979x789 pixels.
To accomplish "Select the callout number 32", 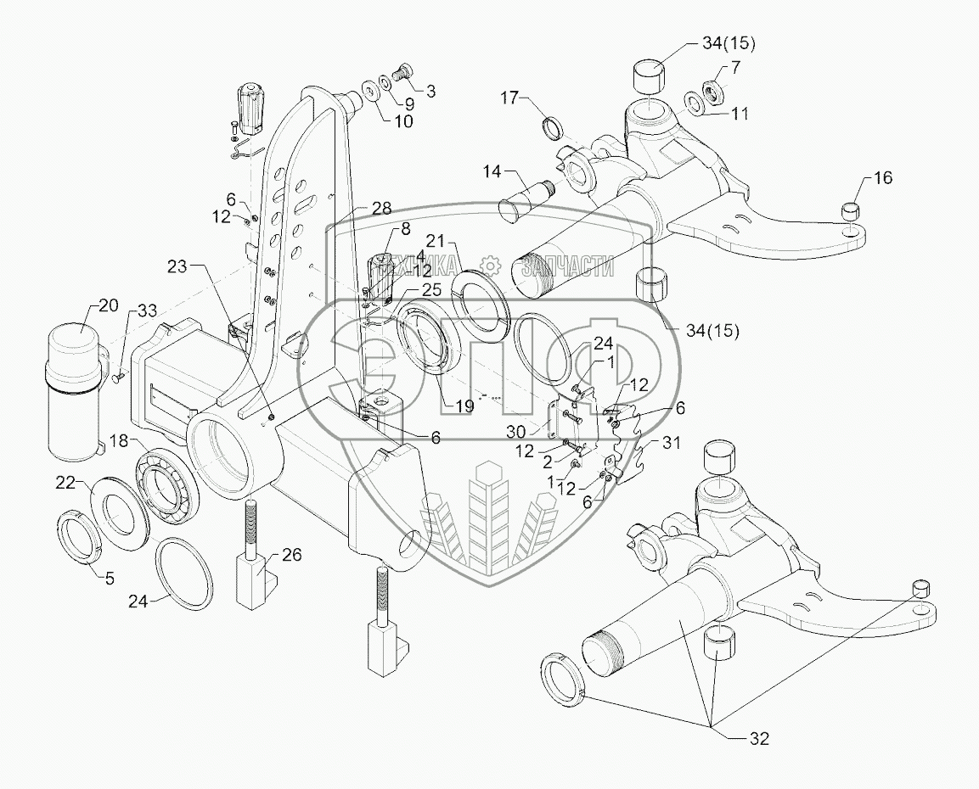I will pyautogui.click(x=758, y=738).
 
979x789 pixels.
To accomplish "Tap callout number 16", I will pyautogui.click(x=883, y=178).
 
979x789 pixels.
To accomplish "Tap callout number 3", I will pyautogui.click(x=431, y=91).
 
